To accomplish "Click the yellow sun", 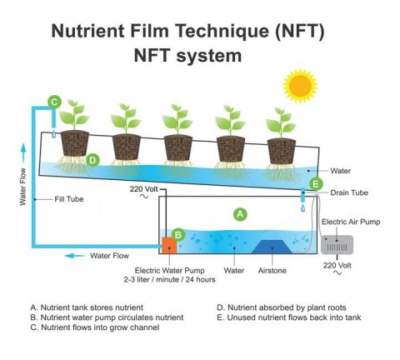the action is coord(300,86).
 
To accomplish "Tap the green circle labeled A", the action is coord(240,214).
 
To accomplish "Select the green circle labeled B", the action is coord(178,235).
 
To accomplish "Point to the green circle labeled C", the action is coord(54,102).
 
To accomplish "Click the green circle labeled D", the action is coord(92,160).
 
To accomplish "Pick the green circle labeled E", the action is coord(316,184).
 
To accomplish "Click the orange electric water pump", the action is coord(169,245).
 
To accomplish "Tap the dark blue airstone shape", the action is coord(272,247).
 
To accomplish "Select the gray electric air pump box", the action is coord(337,245).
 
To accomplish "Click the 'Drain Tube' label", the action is coord(349,192).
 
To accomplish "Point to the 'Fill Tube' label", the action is coord(69,199).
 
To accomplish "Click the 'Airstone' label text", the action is coord(272,271).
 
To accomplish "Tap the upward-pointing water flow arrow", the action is coord(23,153).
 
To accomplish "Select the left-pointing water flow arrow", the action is coord(75,256).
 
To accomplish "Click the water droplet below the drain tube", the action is coord(303,207).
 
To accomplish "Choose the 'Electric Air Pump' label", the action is coord(351,222).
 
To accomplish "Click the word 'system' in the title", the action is coord(209,55).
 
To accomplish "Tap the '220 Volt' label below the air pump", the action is coord(337,265).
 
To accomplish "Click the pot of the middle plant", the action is coord(178,147).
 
